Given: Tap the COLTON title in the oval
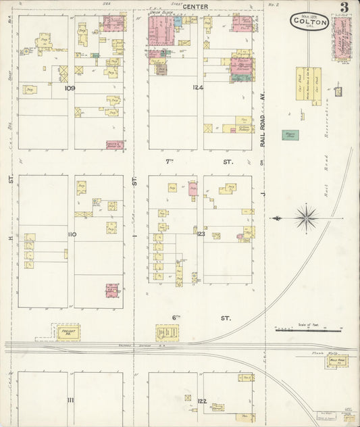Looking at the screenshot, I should point(310,22).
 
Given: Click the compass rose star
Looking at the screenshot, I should point(306,218).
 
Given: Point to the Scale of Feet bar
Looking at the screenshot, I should point(308,330).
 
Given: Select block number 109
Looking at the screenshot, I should point(69,88).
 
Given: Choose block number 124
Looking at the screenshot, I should point(198,88).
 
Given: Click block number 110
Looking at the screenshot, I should point(70,234).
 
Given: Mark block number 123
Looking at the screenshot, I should point(201,233).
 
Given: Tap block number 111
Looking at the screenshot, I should point(70,400).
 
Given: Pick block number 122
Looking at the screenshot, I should point(201,401).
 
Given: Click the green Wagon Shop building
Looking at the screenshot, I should point(290,135).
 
